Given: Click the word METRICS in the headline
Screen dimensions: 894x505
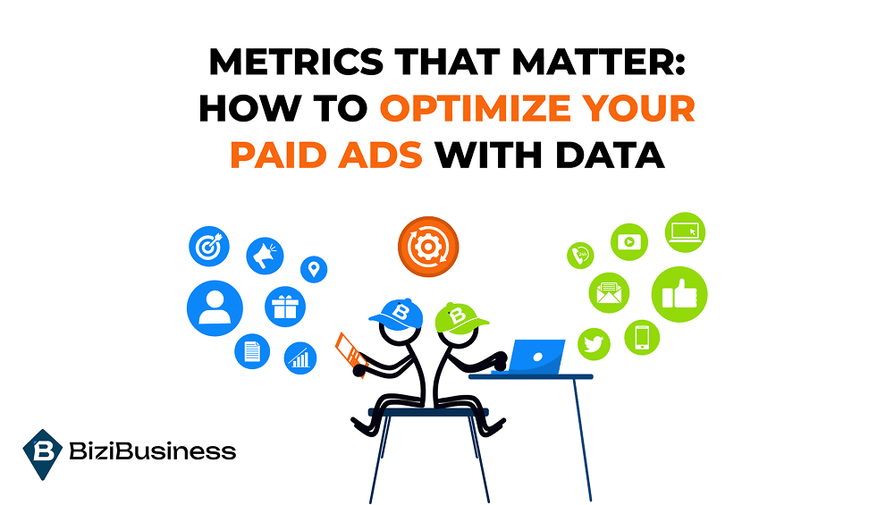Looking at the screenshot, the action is pyautogui.click(x=296, y=62).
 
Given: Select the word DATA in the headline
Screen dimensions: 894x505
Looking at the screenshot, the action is pyautogui.click(x=610, y=155).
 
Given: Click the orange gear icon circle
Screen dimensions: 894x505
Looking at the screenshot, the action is pyautogui.click(x=428, y=247).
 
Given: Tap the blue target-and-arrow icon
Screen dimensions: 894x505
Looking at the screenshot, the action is pyautogui.click(x=209, y=246).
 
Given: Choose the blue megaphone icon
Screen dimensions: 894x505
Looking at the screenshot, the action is pyautogui.click(x=266, y=256).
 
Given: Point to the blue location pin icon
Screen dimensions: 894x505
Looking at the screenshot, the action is pyautogui.click(x=314, y=269).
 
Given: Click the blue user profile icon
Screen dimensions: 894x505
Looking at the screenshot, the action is pyautogui.click(x=215, y=307).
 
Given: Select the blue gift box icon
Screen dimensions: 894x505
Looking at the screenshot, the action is pyautogui.click(x=285, y=307).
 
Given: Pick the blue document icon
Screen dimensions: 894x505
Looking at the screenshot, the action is pyautogui.click(x=252, y=351).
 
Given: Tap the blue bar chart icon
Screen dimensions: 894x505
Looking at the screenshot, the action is pyautogui.click(x=300, y=358).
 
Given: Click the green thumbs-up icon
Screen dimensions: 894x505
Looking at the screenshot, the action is pyautogui.click(x=679, y=294).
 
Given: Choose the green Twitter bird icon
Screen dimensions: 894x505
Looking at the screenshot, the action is pyautogui.click(x=595, y=344).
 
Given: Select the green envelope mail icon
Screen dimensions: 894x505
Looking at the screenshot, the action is pyautogui.click(x=609, y=293).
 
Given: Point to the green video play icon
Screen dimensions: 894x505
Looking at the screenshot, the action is pyautogui.click(x=629, y=241).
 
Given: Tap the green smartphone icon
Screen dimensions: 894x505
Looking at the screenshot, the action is pyautogui.click(x=642, y=338).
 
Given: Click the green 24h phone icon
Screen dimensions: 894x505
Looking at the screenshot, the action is pyautogui.click(x=580, y=256).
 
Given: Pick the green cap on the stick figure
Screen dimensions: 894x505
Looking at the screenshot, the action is pyautogui.click(x=460, y=318).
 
